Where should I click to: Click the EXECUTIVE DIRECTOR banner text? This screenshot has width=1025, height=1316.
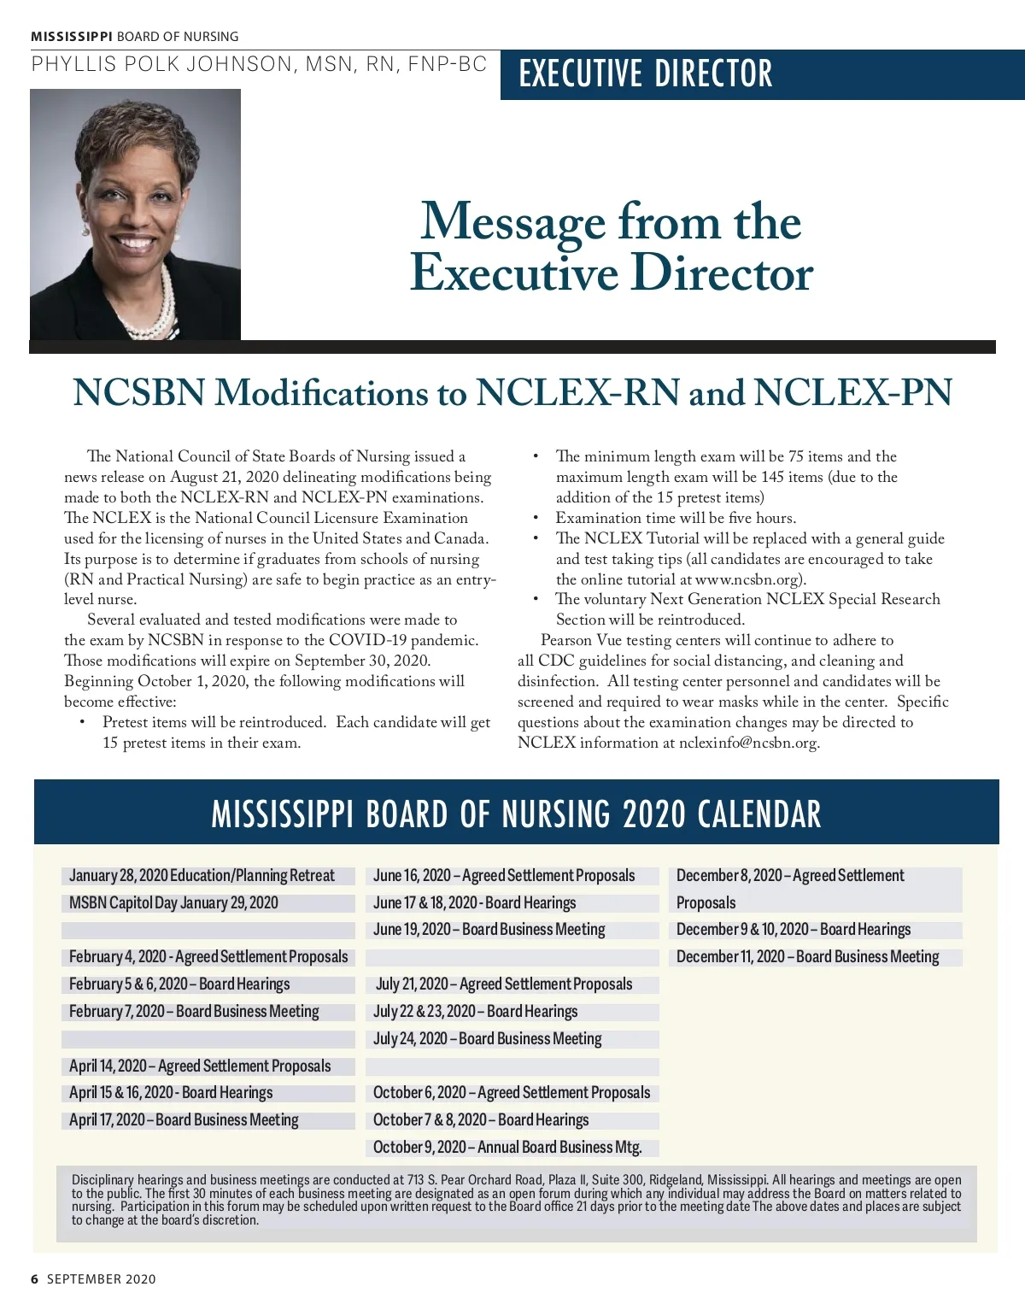(x=646, y=73)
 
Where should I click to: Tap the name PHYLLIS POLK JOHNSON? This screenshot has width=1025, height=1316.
(x=161, y=64)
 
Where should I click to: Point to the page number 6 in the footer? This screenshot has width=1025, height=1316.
(x=35, y=1278)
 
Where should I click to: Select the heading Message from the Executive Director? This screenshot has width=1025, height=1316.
(x=612, y=247)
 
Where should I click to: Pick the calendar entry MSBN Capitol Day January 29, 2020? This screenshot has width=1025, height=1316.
(x=173, y=902)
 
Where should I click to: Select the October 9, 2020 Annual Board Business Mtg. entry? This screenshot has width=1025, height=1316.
(x=507, y=1147)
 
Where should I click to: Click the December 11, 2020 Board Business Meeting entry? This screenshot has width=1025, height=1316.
(x=807, y=956)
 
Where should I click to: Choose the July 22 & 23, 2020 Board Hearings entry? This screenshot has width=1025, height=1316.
(x=475, y=1011)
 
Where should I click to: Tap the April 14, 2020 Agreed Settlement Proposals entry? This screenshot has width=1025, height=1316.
(x=200, y=1066)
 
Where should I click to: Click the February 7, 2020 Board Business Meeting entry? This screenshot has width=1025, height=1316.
(x=194, y=1011)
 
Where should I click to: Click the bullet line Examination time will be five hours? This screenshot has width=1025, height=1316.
(x=675, y=518)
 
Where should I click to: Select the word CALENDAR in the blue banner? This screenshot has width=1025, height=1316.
(x=758, y=814)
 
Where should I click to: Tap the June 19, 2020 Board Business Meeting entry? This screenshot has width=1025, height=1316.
(x=489, y=929)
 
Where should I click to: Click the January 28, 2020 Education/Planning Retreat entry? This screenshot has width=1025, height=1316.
(x=202, y=875)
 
